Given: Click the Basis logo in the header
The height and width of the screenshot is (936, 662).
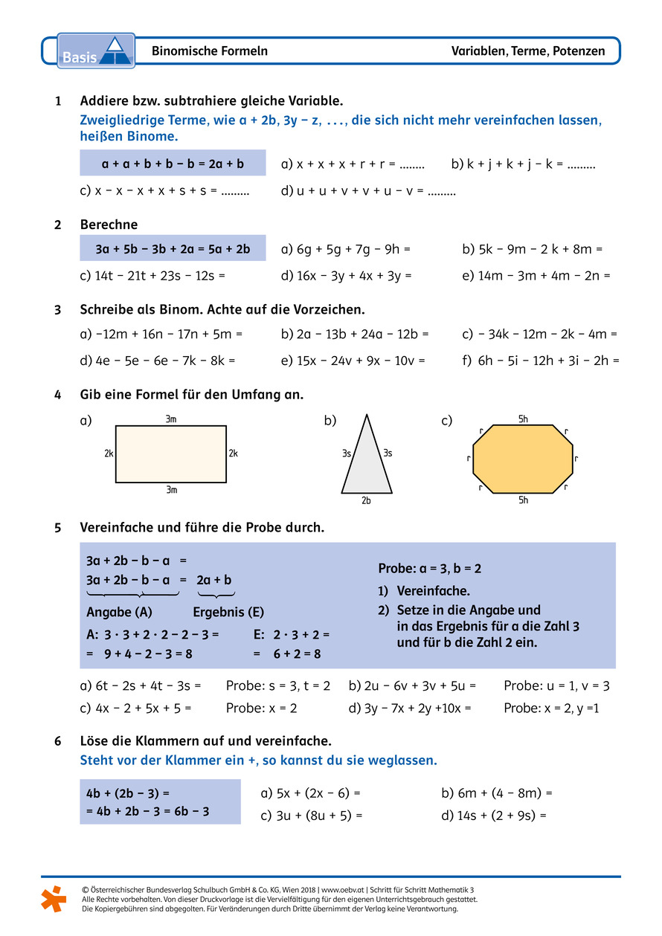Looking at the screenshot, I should pos(96,51).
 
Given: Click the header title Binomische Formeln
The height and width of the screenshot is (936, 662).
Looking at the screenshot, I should pos(210,51).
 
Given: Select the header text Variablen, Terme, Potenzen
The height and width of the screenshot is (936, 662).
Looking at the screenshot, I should pos(527,51).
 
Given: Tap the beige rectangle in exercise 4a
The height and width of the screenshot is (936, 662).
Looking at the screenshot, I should pos(171,454).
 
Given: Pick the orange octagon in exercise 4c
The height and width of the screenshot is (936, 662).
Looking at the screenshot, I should pos(523,459).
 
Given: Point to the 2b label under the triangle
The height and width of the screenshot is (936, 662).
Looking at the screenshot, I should pos(366,500).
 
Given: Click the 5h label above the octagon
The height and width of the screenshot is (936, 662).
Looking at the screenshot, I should pos(523,419).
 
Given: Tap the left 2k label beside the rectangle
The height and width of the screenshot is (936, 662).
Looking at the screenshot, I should pos(109,454).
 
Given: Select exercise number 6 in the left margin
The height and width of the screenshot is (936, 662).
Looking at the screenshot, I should pos(58,741).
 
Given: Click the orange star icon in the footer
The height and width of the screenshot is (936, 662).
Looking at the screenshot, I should pos(53,898).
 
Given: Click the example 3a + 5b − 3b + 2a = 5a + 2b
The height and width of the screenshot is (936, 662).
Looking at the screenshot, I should pos(173,248).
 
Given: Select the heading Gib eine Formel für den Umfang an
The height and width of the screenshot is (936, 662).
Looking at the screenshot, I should pos(191,395).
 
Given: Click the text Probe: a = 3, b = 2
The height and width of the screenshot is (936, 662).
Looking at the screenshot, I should pos(430,569).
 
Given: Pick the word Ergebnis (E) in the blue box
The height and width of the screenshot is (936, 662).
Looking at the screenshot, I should pos(228,613).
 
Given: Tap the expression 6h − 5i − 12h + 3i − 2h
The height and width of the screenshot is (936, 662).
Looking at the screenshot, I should pos(548,361).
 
